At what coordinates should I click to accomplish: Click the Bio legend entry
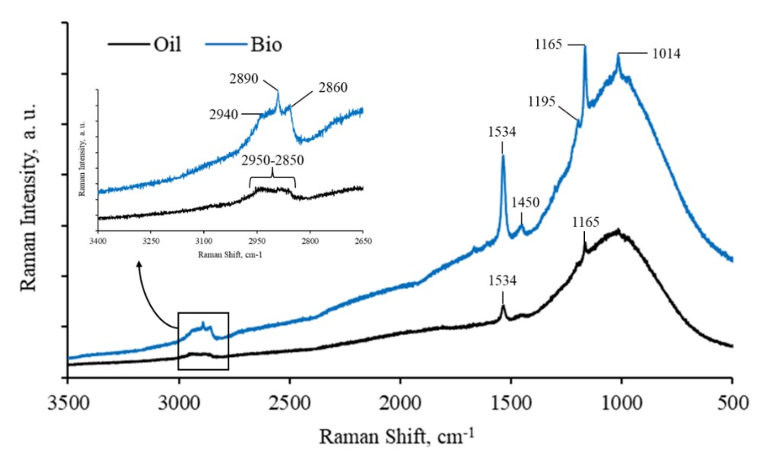(x=266, y=45)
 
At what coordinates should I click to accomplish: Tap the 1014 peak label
(x=665, y=54)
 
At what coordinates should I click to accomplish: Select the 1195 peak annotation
(x=544, y=101)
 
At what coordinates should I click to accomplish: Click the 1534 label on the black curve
(x=502, y=281)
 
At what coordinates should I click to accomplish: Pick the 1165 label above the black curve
(x=585, y=223)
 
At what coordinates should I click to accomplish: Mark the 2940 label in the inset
(x=225, y=115)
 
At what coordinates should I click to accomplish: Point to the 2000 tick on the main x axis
(x=400, y=402)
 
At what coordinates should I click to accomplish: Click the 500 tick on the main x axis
(x=731, y=402)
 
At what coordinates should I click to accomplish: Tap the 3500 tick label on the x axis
(x=68, y=402)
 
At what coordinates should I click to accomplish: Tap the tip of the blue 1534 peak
(x=502, y=156)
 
